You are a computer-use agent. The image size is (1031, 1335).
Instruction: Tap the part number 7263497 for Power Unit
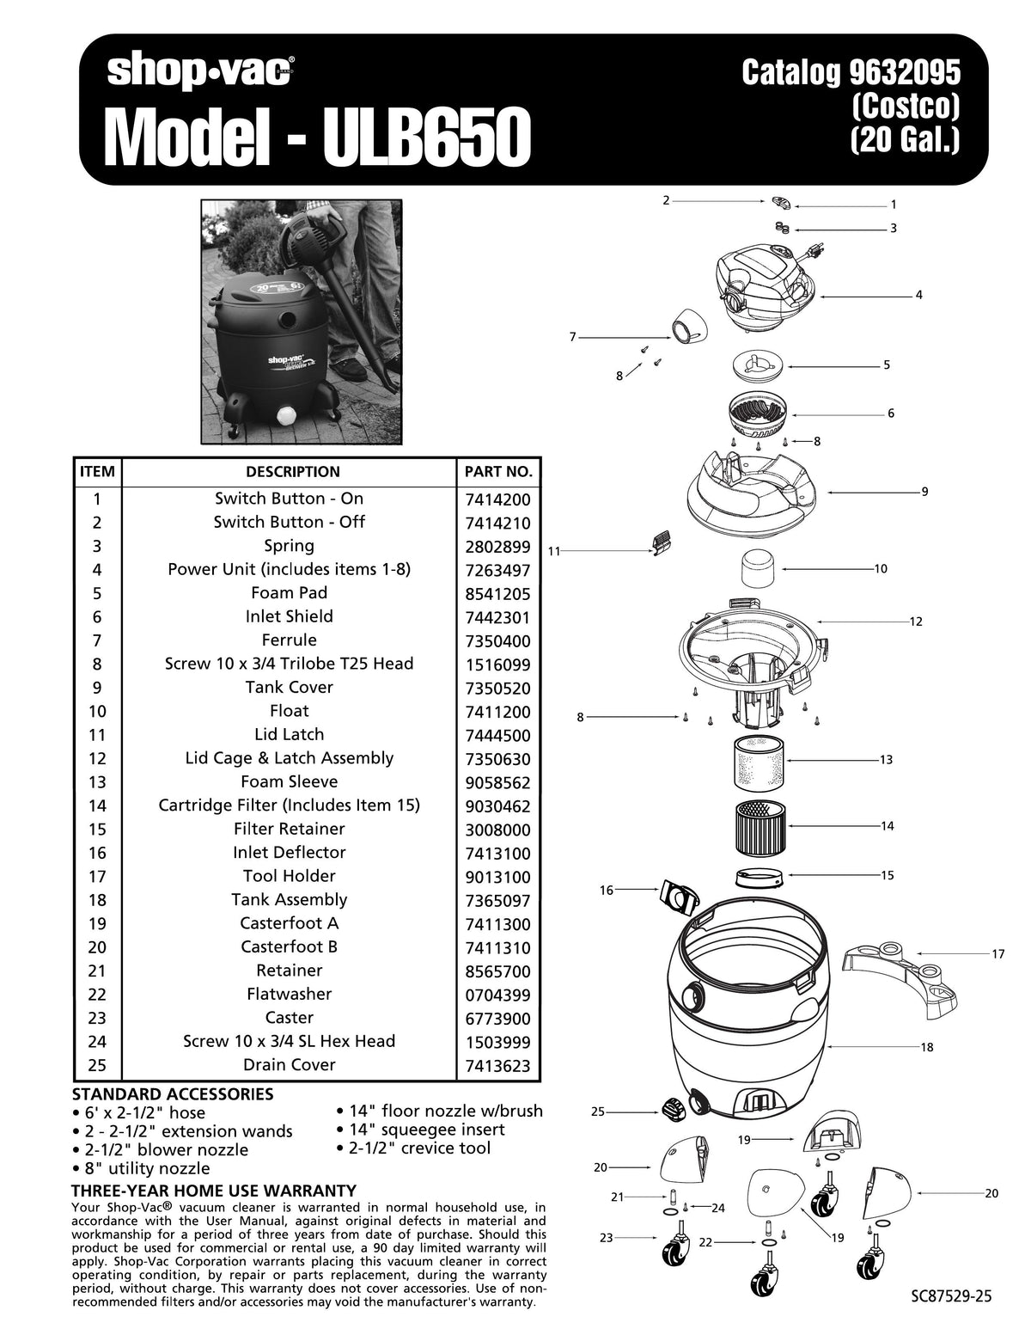[497, 571]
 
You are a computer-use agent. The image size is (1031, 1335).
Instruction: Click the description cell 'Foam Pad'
[289, 593]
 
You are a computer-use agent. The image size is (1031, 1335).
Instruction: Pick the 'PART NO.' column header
[497, 472]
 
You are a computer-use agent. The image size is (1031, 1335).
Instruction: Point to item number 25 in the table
[96, 1065]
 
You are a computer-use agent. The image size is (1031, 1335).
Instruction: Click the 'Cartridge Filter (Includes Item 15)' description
[289, 805]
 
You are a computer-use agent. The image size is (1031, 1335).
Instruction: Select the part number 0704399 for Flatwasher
[497, 995]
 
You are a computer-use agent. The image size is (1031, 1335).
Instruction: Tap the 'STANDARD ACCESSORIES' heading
[172, 1094]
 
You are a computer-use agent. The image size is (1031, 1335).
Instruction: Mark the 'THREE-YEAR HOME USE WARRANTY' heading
[213, 1191]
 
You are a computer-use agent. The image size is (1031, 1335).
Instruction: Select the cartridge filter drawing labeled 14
[760, 826]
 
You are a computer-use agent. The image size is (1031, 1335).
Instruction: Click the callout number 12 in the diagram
[915, 622]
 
